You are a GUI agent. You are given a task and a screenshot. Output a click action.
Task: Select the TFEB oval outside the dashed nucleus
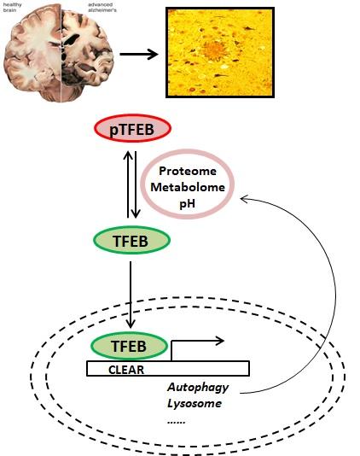tap(130, 242)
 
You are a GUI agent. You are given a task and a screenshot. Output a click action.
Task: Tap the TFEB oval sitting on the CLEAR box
tap(130, 346)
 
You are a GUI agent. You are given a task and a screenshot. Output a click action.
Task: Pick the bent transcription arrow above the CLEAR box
tap(196, 342)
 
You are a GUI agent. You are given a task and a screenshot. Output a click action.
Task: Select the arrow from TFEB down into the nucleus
tap(130, 295)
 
